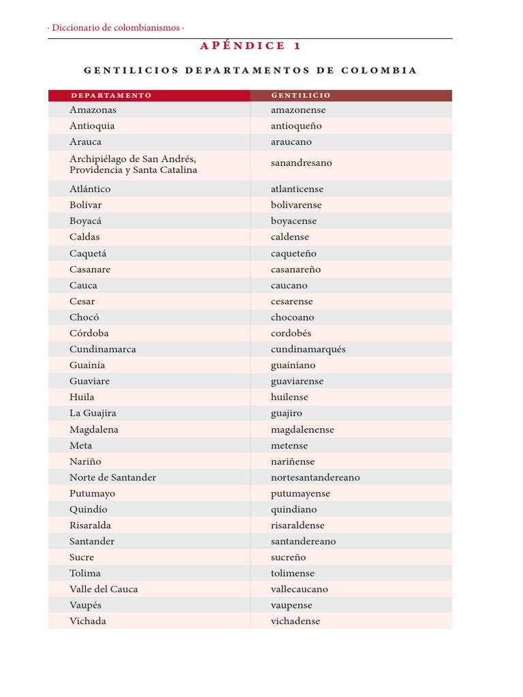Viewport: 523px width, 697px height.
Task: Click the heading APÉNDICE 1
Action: coord(250,46)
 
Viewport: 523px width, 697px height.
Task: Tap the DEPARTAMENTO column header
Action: coord(111,95)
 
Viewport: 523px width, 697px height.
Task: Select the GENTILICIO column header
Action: coord(300,95)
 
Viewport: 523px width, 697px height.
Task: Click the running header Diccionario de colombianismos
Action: coord(116,28)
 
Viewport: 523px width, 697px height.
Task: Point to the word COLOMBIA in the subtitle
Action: coord(379,71)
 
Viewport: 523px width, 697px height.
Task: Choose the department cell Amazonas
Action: coord(93,110)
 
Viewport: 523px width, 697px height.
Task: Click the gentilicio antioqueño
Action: coord(296,126)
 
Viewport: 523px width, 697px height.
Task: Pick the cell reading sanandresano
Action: coord(301,163)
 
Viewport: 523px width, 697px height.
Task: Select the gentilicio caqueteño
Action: coord(294,253)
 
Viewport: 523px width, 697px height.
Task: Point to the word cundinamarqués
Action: coord(308,349)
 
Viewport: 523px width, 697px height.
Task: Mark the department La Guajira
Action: coord(93,413)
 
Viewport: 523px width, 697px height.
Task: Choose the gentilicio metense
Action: coord(289,446)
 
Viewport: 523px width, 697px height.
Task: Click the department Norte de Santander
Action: coord(112,478)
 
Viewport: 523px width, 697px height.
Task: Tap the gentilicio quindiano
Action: coord(294,510)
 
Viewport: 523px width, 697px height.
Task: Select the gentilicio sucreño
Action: coord(288,557)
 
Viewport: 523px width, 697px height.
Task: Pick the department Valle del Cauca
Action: coord(104,589)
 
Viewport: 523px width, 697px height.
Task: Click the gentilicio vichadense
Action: coord(295,621)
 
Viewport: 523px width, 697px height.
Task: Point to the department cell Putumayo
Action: coord(92,493)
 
